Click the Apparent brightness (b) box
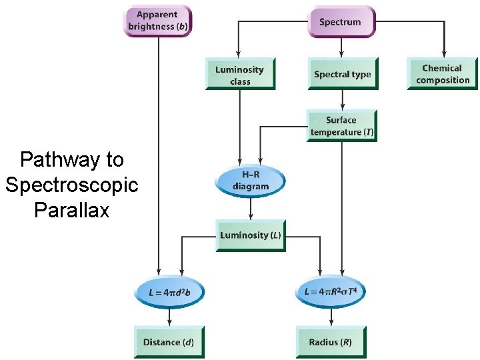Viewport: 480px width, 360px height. [157, 21]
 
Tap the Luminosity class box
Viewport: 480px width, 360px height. [240, 75]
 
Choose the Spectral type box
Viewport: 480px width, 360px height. [342, 75]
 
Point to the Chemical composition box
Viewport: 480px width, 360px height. [442, 74]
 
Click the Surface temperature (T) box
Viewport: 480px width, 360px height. [342, 126]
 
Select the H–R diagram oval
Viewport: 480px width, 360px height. [250, 180]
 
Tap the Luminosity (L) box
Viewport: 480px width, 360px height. [250, 235]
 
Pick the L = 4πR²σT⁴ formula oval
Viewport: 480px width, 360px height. [331, 292]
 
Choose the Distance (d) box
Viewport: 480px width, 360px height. [168, 342]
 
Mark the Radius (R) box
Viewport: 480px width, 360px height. [331, 342]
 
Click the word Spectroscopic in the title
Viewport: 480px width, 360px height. [71, 185]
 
